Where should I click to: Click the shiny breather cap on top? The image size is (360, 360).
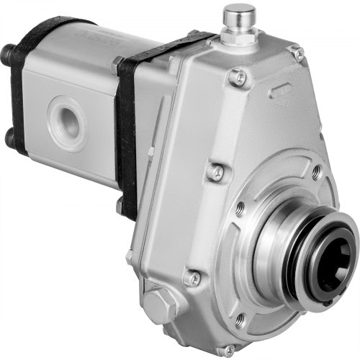240,14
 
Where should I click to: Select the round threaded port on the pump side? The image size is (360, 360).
66,116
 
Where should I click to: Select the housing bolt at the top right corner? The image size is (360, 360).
295,53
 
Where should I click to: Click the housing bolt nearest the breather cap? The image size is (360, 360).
237,78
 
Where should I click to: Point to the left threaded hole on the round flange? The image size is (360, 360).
240,210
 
